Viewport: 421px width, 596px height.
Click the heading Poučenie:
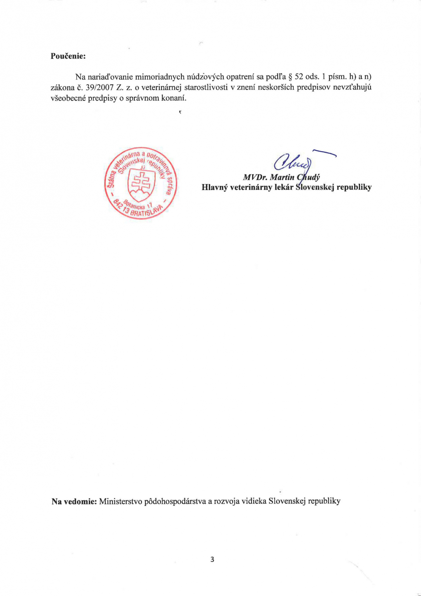click(68, 56)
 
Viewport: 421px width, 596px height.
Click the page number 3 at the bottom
click(212, 559)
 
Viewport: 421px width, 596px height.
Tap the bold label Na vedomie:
click(74, 501)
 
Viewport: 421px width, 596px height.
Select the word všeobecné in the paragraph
click(68, 98)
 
